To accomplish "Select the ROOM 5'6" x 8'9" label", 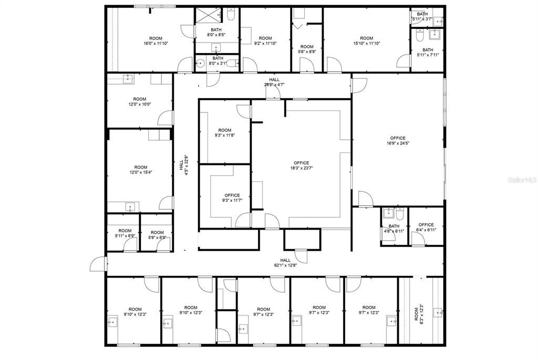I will coord(307,49).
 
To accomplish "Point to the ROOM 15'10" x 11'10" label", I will coord(366,41).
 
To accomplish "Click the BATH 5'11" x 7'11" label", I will coord(427,52).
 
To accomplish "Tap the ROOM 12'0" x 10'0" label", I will coord(139,101).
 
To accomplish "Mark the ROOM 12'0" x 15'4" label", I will coord(140,170).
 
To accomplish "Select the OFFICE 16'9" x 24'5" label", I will coord(398,141).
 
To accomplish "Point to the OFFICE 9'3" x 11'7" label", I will coord(232,198).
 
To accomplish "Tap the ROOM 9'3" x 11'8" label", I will coord(225,132).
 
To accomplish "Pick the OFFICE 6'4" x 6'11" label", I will coord(426,227).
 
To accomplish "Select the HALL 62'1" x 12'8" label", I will coord(285,263).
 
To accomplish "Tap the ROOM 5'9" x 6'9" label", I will coord(157,233).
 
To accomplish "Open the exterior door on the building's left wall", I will coord(97,264).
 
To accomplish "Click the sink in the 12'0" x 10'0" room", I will coord(128,79).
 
